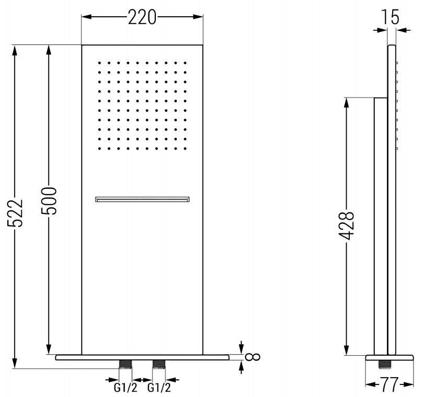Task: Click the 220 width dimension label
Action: tap(142, 18)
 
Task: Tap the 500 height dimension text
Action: tap(49, 201)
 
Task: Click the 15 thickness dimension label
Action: tap(391, 17)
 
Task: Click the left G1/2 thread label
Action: tap(125, 388)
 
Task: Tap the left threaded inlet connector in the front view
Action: tap(125, 364)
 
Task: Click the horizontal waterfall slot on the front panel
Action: tap(142, 199)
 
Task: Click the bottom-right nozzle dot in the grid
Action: tap(185, 148)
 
